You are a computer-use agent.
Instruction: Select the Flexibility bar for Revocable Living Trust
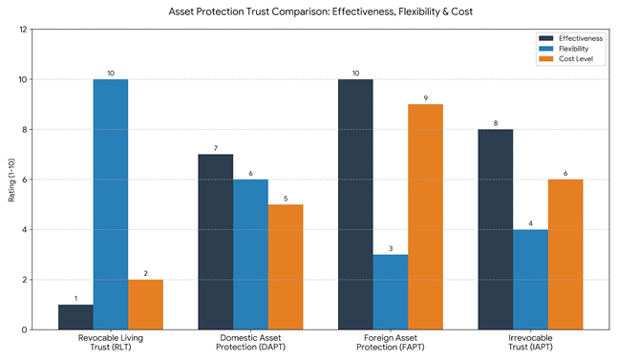pyautogui.click(x=111, y=204)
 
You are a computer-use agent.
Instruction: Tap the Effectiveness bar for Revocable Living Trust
pyautogui.click(x=75, y=317)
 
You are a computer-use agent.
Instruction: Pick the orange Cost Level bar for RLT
pyautogui.click(x=145, y=305)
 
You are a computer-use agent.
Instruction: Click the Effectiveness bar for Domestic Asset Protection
pyautogui.click(x=215, y=242)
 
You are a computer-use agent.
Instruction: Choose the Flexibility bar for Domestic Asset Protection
pyautogui.click(x=250, y=254)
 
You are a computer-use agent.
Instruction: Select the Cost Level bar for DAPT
pyautogui.click(x=286, y=266)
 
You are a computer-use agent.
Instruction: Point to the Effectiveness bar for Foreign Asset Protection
pyautogui.click(x=355, y=204)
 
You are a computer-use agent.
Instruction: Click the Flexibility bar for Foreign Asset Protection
pyautogui.click(x=391, y=292)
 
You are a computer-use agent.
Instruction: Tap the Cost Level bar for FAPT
pyautogui.click(x=425, y=217)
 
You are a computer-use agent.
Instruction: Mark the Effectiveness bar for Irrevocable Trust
pyautogui.click(x=495, y=229)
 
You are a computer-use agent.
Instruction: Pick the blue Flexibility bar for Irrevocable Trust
pyautogui.click(x=530, y=279)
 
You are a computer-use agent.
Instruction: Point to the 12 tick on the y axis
pyautogui.click(x=24, y=30)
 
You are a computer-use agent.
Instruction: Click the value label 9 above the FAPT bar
pyautogui.click(x=425, y=97)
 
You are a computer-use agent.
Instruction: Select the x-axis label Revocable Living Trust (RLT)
pyautogui.click(x=111, y=344)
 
